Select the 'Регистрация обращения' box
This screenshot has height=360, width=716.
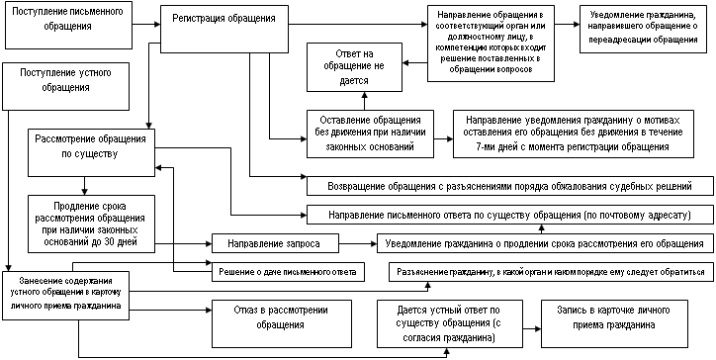coord(224,29)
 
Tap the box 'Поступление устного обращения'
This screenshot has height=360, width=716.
coord(65,86)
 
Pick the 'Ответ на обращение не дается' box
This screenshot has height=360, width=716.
coord(354,67)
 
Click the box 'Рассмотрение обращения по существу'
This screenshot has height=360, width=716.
coord(91,152)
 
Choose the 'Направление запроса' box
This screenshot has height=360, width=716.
coord(275,243)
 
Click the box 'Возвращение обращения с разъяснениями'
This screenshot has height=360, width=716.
coord(509,186)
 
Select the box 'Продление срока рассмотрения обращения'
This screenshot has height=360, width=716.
coord(91,224)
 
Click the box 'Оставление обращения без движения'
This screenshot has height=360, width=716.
coord(370,134)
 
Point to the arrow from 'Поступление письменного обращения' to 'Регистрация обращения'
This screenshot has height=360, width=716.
coord(145,25)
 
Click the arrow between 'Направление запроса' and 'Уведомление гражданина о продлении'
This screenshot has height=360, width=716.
coord(358,243)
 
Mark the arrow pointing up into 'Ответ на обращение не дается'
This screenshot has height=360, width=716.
coord(364,101)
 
